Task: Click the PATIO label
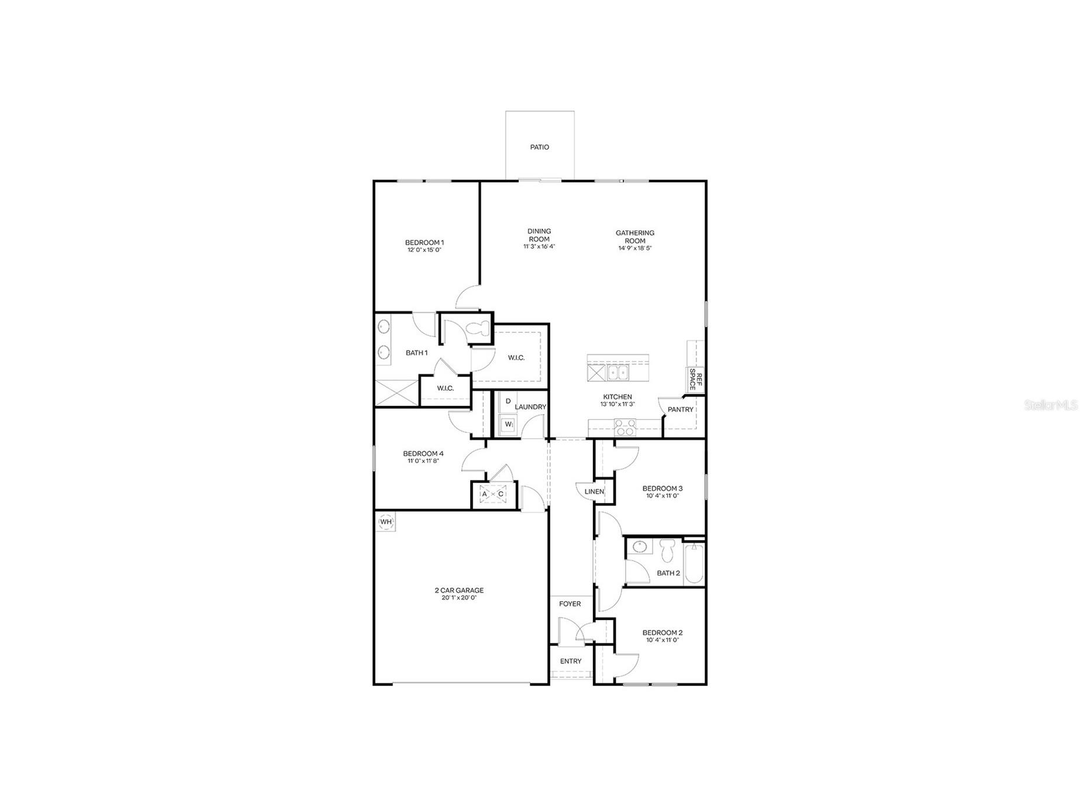click(539, 147)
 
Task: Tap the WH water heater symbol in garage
click(386, 522)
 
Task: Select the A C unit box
click(492, 494)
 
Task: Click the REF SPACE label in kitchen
click(695, 379)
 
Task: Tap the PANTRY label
click(680, 409)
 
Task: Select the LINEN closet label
click(594, 492)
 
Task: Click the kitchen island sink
click(617, 373)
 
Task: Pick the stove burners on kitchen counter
click(625, 428)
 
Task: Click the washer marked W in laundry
click(508, 424)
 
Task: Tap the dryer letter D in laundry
click(508, 401)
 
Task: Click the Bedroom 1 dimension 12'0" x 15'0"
click(424, 250)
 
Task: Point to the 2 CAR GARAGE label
click(459, 591)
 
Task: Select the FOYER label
click(570, 604)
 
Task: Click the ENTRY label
click(570, 661)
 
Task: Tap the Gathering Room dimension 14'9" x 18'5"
click(635, 249)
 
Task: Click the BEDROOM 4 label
click(423, 454)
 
